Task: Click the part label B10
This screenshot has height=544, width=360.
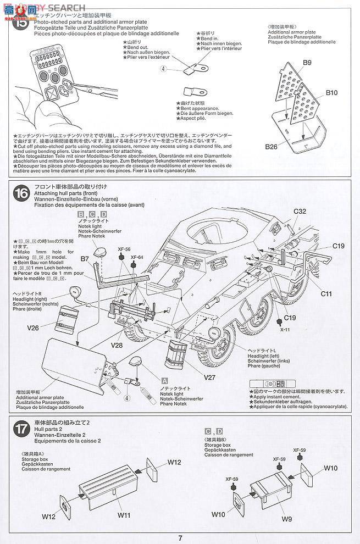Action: tap(331, 93)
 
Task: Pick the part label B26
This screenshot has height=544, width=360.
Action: tap(272, 147)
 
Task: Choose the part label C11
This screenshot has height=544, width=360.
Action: tap(327, 294)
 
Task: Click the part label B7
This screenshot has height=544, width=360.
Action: tap(85, 258)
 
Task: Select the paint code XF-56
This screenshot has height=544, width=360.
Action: tap(123, 248)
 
